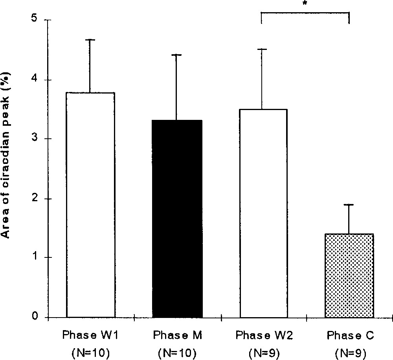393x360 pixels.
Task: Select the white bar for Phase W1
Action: [91, 205]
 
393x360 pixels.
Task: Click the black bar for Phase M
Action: [178, 219]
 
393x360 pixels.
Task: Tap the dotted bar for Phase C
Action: [349, 276]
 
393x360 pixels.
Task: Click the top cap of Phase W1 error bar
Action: [91, 40]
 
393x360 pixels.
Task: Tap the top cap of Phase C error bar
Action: [349, 205]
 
